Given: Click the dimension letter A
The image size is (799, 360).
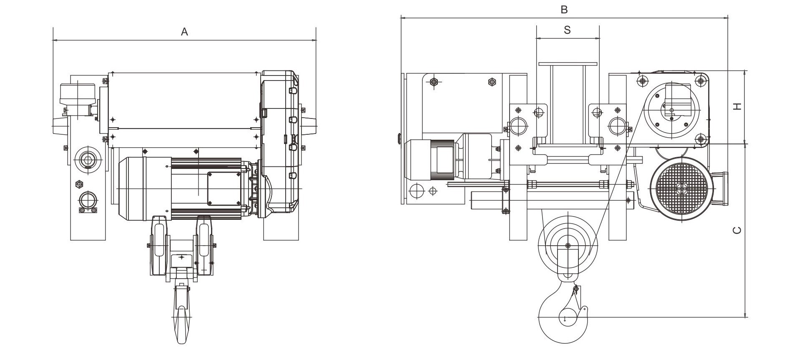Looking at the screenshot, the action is (x=184, y=32).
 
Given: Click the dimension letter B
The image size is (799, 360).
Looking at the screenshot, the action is (x=564, y=9).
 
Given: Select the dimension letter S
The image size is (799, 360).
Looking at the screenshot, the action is (x=567, y=30).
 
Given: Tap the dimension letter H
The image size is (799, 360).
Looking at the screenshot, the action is (x=738, y=106).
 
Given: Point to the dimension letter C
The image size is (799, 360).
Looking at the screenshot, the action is (x=737, y=230).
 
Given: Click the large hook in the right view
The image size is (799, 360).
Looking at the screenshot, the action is (x=563, y=317).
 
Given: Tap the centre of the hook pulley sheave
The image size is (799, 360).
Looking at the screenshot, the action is (x=568, y=245).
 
